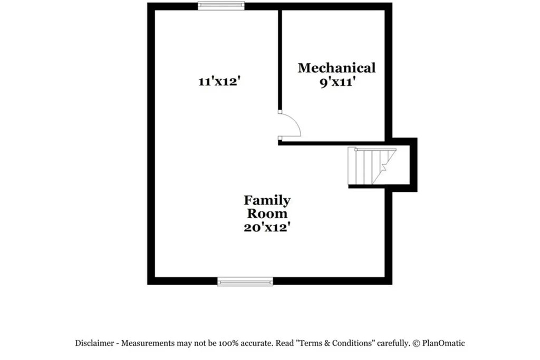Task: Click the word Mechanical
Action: coord(336,68)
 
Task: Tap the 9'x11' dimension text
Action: coord(336,83)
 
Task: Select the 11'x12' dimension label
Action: coord(219,82)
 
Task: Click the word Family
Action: coord(267,201)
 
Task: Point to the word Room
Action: coord(267,213)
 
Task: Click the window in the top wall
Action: coord(221,6)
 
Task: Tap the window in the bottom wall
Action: coord(245,281)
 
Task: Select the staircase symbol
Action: coord(372,166)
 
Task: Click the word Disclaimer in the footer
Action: coord(94,343)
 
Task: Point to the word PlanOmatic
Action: coord(443,343)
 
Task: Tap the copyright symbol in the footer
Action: coord(417,344)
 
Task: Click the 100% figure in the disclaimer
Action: coord(229,343)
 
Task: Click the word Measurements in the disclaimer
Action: coord(148,343)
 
